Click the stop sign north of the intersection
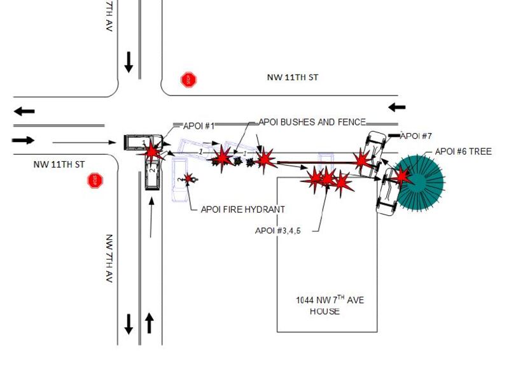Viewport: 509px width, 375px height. pos(188,80)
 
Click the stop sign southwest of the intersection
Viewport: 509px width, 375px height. pos(95,180)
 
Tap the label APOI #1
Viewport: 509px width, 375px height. pos(199,126)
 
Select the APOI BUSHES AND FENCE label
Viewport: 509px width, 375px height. pos(312,122)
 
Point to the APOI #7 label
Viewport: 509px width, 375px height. pos(416,136)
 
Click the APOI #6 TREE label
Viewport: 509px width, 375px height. pos(463,152)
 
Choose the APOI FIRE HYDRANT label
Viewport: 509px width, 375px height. pos(243,209)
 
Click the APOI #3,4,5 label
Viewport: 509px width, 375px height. pos(278,230)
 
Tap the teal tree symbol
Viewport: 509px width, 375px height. pos(419,183)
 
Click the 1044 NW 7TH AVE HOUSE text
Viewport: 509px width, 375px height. pos(329,305)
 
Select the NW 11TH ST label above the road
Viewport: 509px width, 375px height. pos(293,77)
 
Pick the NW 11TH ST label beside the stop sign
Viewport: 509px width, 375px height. pos(59,164)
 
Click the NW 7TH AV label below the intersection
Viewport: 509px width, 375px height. pos(109,258)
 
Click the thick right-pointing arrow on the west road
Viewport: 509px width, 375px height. pos(23,140)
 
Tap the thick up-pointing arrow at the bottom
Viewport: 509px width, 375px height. pos(149,323)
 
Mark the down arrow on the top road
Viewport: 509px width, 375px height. pos(129,62)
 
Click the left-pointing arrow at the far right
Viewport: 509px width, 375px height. pos(397,107)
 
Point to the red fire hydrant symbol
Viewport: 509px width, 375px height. pos(189,178)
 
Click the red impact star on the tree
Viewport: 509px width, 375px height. pos(402,176)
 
